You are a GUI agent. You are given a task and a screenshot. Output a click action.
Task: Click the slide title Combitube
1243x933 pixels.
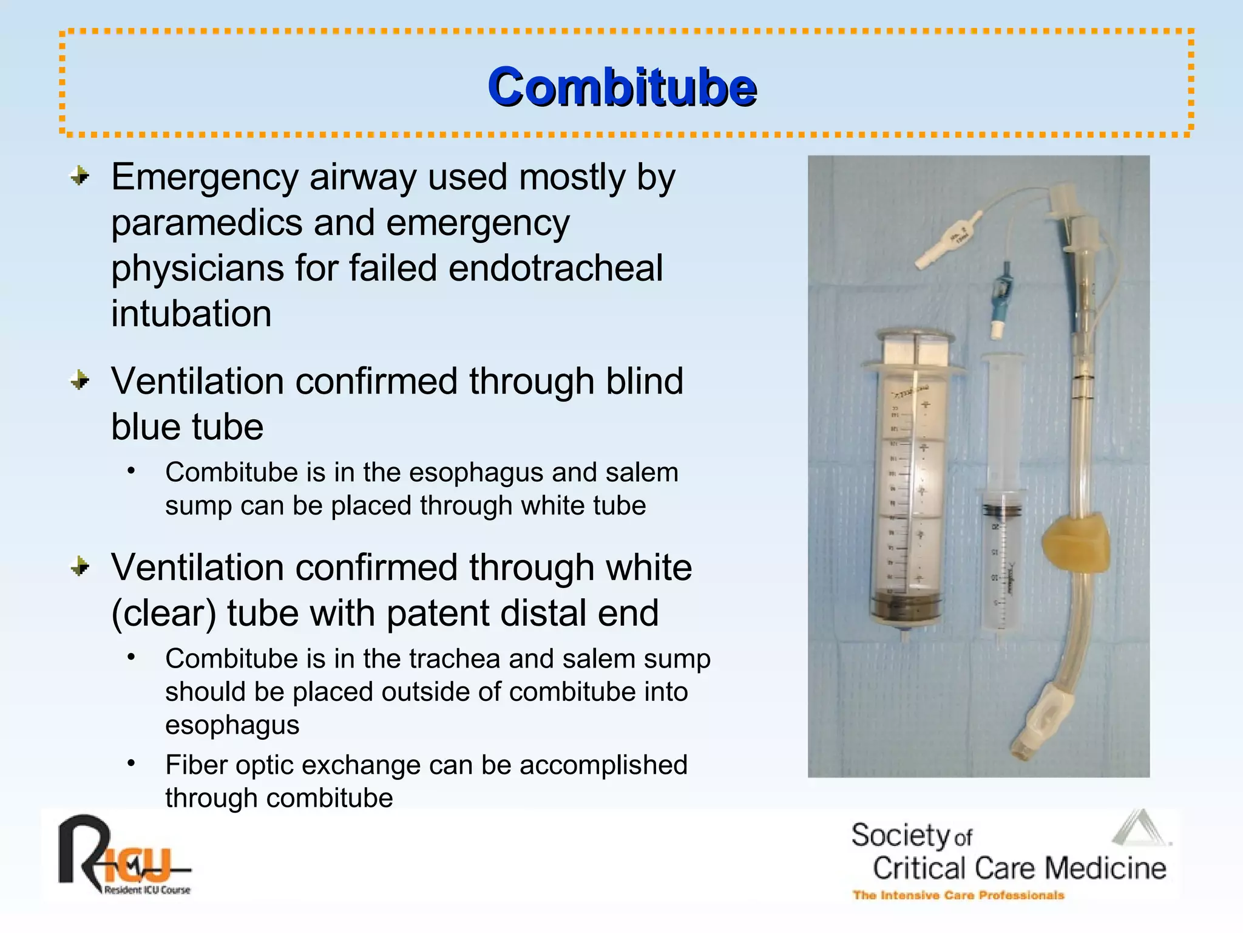coord(622,87)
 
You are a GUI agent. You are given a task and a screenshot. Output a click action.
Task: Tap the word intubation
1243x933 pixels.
coord(191,314)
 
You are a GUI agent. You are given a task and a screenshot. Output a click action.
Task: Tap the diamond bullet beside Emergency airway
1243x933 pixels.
coord(80,177)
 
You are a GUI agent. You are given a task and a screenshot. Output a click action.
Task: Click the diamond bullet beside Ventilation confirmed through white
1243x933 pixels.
coord(80,567)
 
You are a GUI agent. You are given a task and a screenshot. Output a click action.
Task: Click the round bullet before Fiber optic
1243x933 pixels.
coord(131,763)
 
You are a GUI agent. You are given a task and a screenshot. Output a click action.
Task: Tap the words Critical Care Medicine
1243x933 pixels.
coord(1019,868)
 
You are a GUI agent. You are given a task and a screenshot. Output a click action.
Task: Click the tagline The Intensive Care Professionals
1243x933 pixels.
coord(958,895)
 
